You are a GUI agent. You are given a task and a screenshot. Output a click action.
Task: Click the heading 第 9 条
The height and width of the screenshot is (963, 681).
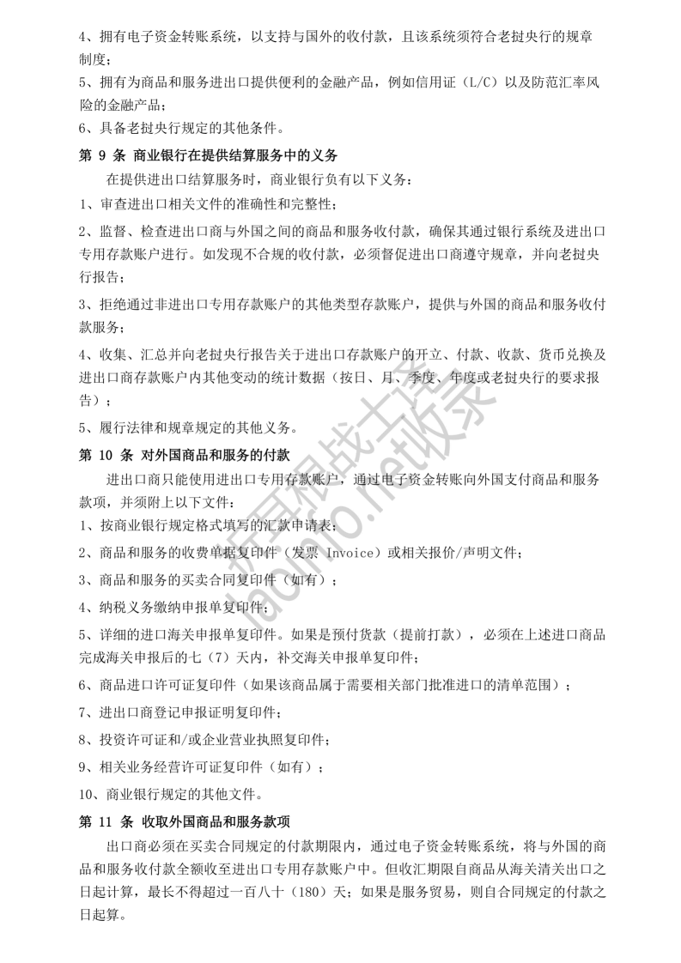(x=99, y=155)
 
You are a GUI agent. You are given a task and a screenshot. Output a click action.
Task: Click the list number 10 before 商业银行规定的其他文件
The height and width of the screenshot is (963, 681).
(x=86, y=792)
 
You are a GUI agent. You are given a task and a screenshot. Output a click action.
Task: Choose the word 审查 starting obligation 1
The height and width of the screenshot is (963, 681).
(x=105, y=205)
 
